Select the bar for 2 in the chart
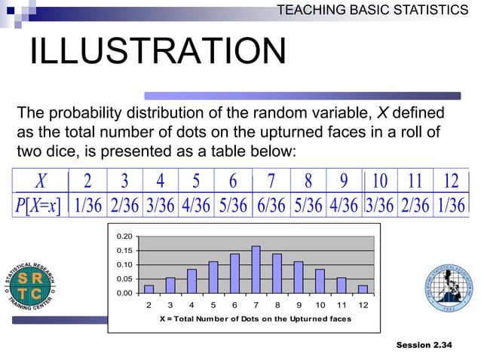(x=149, y=289)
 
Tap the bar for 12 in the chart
(x=363, y=289)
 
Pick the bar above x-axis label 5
(x=213, y=278)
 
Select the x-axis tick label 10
(x=320, y=305)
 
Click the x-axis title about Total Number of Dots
(x=255, y=319)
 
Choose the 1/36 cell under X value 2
(x=88, y=206)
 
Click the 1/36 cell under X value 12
(x=451, y=206)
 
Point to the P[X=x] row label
(x=37, y=206)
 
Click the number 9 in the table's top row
(x=345, y=182)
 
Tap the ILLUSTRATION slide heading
(x=158, y=52)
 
